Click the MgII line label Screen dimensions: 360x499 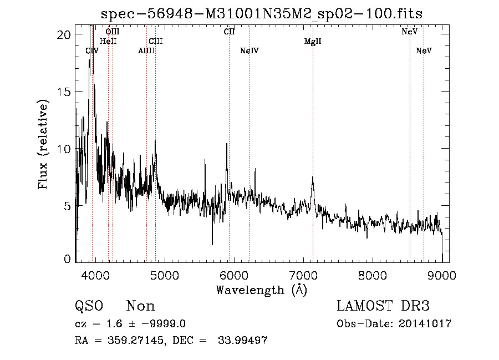[313, 42]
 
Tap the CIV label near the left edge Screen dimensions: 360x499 [92, 51]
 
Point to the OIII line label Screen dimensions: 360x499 [113, 32]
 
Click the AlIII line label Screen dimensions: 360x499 [146, 51]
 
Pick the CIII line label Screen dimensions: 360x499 [156, 42]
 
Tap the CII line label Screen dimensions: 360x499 [229, 32]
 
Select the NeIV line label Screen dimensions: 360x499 [249, 51]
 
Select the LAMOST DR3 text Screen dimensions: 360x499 [383, 306]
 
